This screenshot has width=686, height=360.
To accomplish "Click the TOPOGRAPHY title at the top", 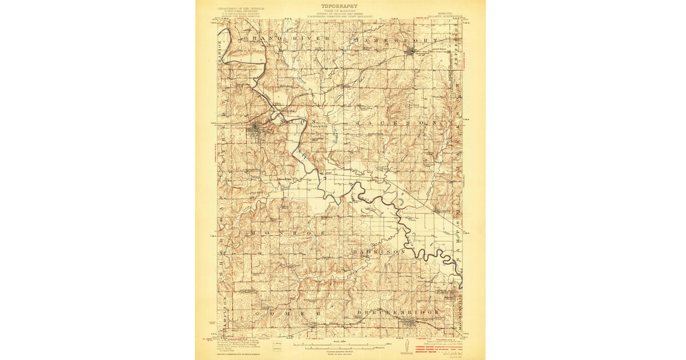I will coord(340,6).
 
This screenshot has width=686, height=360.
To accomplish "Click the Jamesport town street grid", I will coord(412,52).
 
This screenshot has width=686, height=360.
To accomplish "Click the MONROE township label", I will coord(286,234).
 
